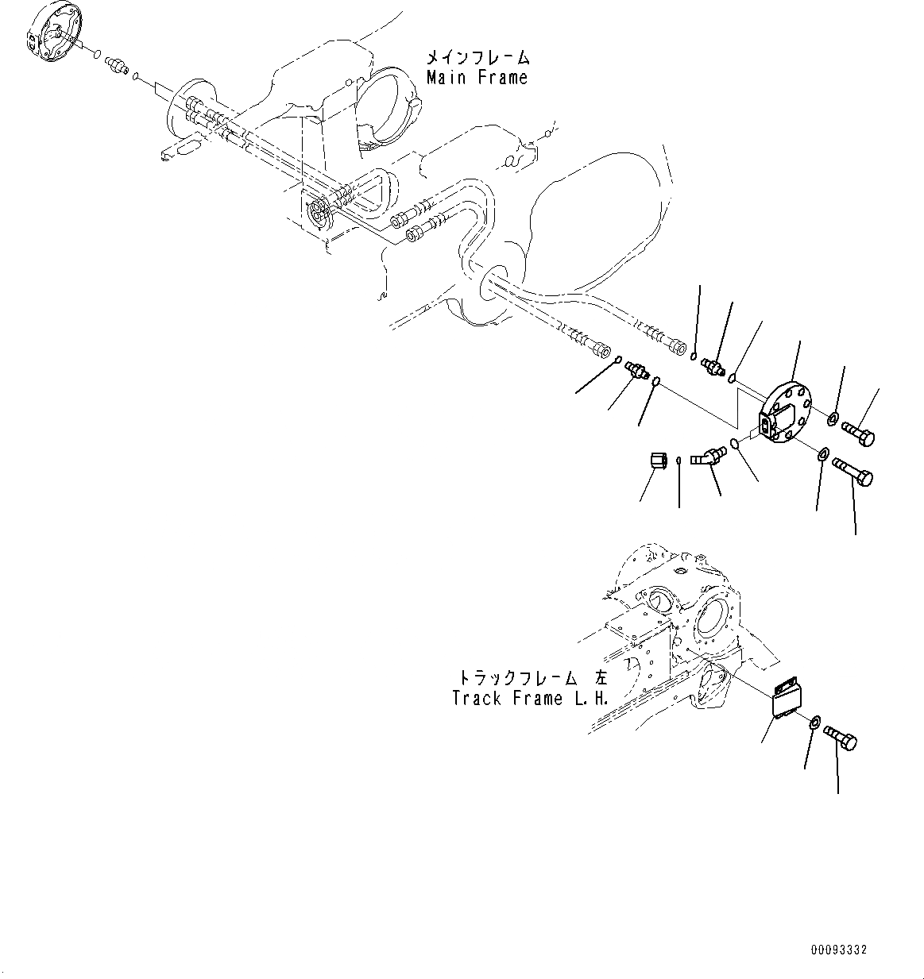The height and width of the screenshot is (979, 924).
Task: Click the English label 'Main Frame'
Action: tap(477, 77)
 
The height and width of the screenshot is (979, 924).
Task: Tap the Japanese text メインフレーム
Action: tap(477, 58)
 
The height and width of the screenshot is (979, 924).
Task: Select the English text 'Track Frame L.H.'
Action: tap(529, 699)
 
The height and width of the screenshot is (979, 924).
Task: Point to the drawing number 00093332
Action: tap(839, 950)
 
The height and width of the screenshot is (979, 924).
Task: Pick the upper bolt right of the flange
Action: tap(858, 434)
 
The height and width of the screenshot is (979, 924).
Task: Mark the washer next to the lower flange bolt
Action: tap(823, 454)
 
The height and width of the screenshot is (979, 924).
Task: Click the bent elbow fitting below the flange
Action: tap(707, 457)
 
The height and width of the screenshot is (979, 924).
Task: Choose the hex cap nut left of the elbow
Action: tap(656, 461)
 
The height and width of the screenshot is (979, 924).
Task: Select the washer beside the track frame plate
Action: tap(814, 723)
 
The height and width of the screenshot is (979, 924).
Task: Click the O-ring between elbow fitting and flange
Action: tap(736, 445)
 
